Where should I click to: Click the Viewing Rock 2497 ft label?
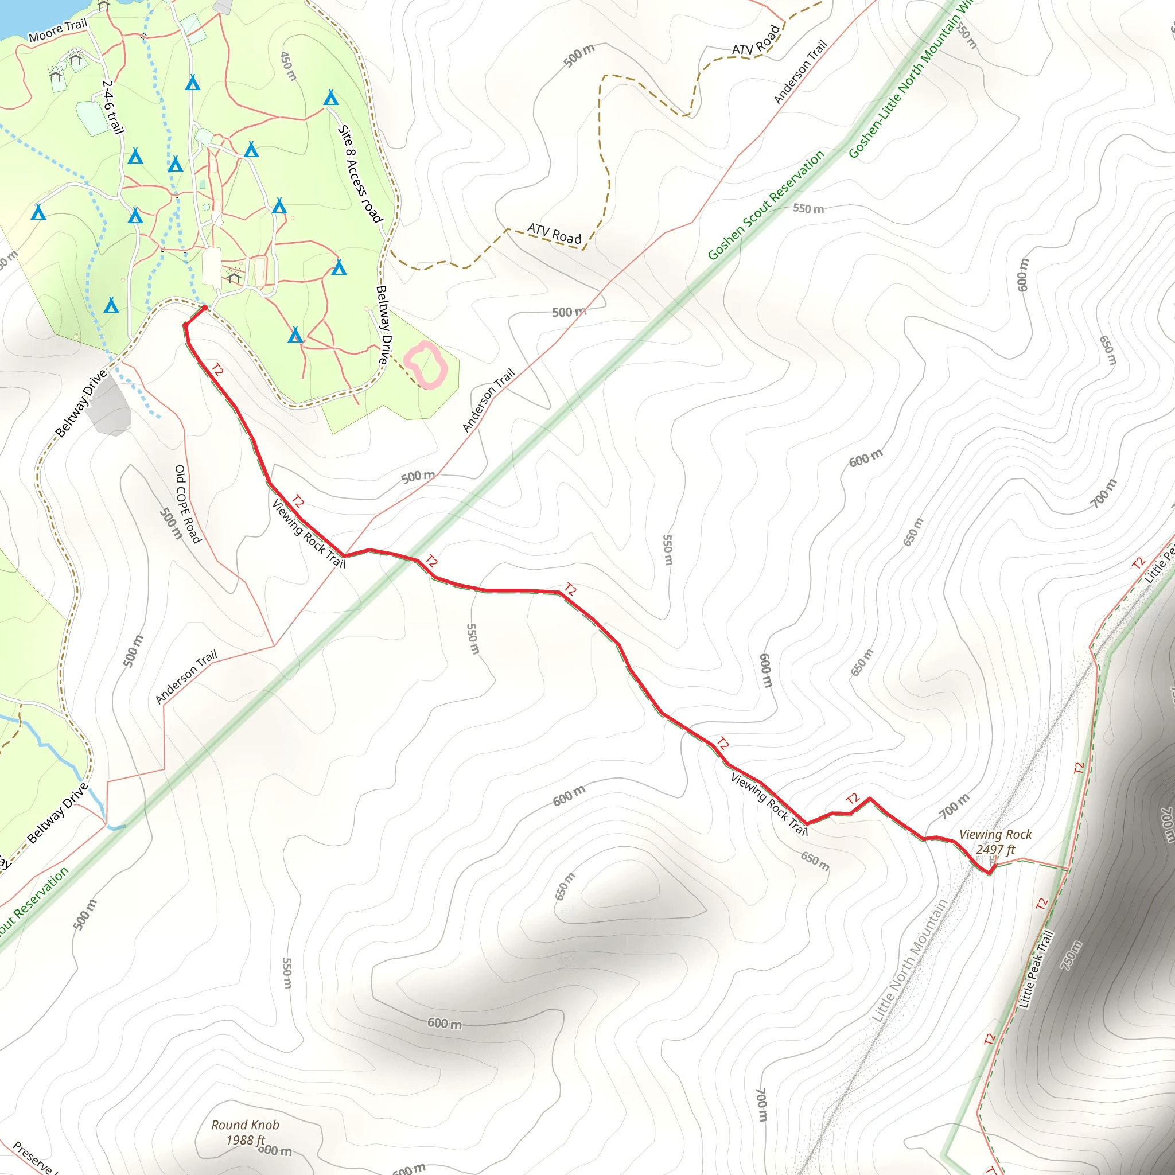click(x=995, y=842)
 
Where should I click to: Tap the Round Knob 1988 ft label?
click(x=245, y=1133)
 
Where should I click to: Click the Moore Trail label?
click(x=59, y=30)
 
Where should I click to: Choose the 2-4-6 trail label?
click(x=113, y=107)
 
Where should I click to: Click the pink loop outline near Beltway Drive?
click(x=426, y=365)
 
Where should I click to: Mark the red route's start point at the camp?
click(x=205, y=308)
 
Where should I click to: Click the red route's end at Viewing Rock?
click(x=990, y=872)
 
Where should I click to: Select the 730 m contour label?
click(x=1072, y=956)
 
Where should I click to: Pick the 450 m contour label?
click(x=287, y=65)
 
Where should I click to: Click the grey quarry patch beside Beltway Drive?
click(x=110, y=406)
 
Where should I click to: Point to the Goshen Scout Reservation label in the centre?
click(x=767, y=204)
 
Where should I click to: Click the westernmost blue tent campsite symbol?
click(x=38, y=212)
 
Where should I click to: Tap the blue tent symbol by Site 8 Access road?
click(x=331, y=98)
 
